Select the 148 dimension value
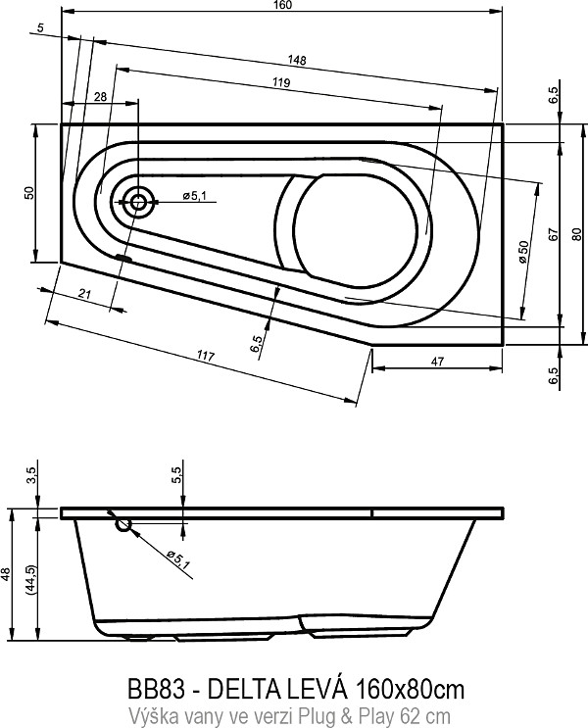coord(296,60)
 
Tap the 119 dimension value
coord(281,82)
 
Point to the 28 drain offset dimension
coord(100,97)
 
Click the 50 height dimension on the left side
coord(29,193)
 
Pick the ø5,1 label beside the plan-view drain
coord(194,196)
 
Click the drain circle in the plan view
coord(137,202)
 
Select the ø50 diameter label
coord(524,252)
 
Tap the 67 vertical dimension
coord(553,234)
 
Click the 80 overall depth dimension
coord(577,234)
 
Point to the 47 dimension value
coord(438,362)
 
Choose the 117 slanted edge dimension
coord(205,356)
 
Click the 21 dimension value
coord(84,293)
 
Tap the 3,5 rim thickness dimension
coord(31,475)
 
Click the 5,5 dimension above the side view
coord(177,475)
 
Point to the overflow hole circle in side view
coord(123,525)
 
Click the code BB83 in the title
coord(157,689)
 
